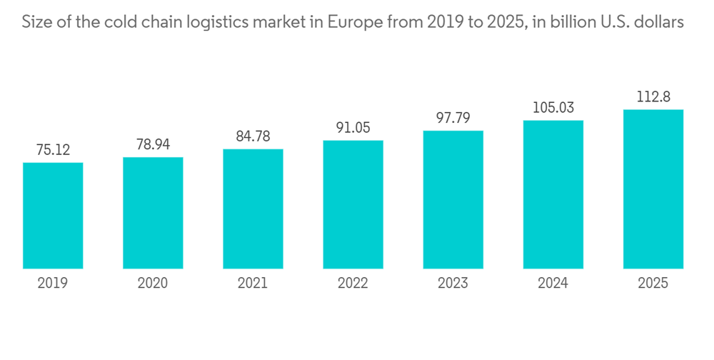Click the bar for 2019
coord(53,216)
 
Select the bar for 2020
coord(153,213)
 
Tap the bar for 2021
coord(253,209)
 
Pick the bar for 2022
coord(353,205)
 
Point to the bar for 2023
coord(453,200)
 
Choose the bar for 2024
coord(553,195)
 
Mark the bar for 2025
coord(653,189)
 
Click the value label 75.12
coord(53,150)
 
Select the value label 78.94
coord(153,144)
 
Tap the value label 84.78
coord(253,136)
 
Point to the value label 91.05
coord(353,128)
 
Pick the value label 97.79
coord(453,118)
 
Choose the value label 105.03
coord(553,108)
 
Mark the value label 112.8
coord(653,97)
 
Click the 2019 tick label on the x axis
coord(53,284)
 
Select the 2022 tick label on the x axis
coord(353,284)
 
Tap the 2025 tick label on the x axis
coord(653,284)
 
